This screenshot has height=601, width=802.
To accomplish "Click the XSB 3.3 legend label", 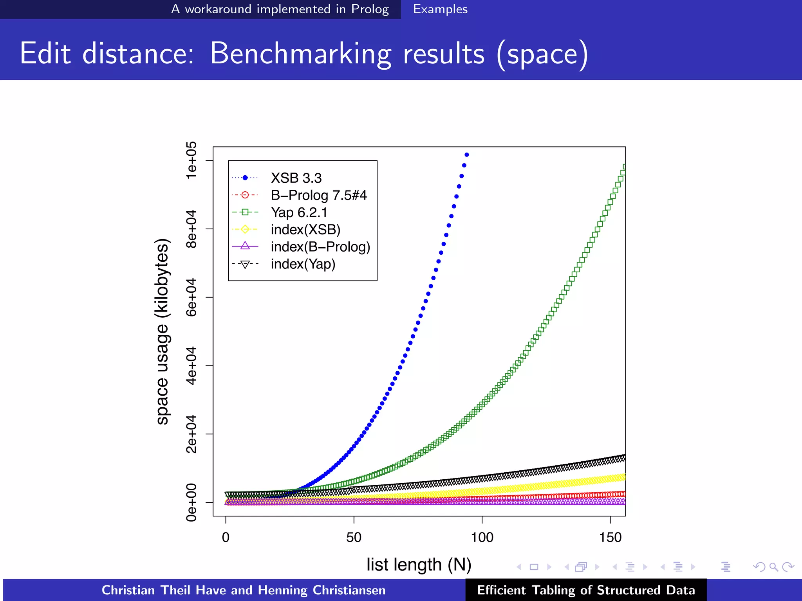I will [296, 178].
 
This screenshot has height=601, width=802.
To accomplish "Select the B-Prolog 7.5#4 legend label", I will [319, 195].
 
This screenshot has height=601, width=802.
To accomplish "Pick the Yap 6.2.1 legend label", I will [299, 212].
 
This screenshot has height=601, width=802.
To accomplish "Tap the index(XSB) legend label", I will [305, 230].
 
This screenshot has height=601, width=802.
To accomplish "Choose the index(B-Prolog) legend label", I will [320, 247].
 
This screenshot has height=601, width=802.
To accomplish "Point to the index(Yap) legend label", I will [303, 264].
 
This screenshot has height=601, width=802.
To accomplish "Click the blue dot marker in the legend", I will [245, 178].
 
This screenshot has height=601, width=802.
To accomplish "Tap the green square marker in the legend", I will [245, 212].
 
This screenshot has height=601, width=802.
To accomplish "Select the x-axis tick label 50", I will [354, 537].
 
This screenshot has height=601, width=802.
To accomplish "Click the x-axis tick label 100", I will [482, 537].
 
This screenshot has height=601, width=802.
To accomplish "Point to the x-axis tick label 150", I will [610, 537].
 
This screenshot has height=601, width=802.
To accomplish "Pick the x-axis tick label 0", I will [226, 537].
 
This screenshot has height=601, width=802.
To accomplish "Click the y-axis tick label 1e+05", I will [191, 160].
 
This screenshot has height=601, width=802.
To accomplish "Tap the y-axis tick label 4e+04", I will [191, 365].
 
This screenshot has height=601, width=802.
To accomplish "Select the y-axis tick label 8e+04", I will [191, 229].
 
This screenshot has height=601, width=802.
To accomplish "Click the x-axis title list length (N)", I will [419, 565].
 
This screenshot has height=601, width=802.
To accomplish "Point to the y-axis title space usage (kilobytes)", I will [162, 331].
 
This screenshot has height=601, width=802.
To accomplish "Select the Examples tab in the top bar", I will [440, 9].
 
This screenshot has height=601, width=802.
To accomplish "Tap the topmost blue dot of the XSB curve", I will [466, 155].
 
